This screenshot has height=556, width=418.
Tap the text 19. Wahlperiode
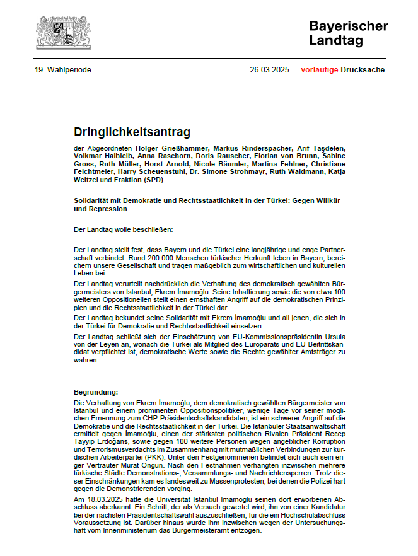(63, 70)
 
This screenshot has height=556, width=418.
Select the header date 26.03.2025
(269, 70)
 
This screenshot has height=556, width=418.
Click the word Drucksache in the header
(363, 70)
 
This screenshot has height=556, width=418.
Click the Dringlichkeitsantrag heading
(132, 132)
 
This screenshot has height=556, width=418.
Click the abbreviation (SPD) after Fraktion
(153, 180)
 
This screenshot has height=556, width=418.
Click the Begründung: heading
(96, 392)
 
